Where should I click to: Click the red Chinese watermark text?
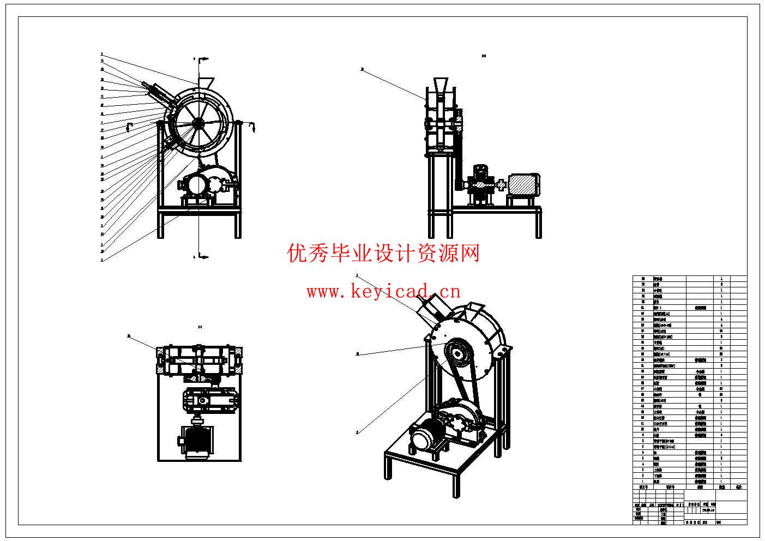click(x=383, y=253)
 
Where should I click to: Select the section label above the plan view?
click(x=200, y=327)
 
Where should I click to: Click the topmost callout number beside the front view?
click(x=101, y=55)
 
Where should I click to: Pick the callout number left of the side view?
click(x=362, y=70)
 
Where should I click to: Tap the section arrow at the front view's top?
click(x=203, y=58)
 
